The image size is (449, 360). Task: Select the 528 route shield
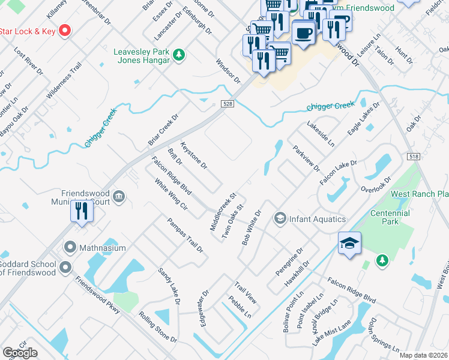point(231,104)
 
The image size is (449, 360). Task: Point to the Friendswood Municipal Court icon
point(119,195)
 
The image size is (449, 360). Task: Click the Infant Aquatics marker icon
point(279,218)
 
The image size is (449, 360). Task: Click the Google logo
point(20,353)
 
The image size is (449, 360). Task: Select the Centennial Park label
point(390,217)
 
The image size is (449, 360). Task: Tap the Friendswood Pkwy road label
point(97,292)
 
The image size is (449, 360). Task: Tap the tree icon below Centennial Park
point(381,260)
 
